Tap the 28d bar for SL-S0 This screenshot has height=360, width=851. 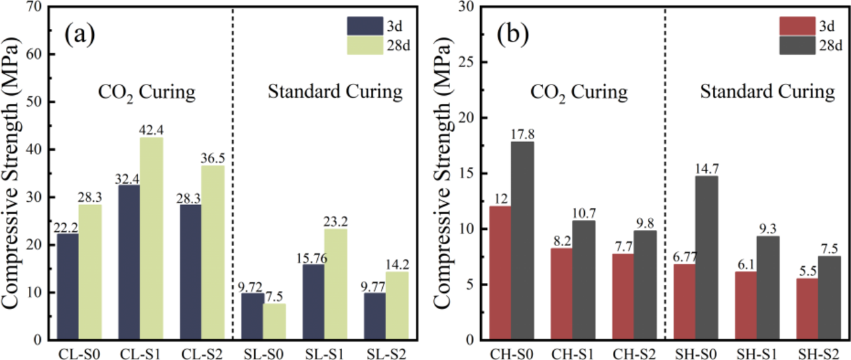coord(274,322)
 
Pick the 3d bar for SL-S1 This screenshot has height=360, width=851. coord(313,302)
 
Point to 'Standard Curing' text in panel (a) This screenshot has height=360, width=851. coord(335,91)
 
